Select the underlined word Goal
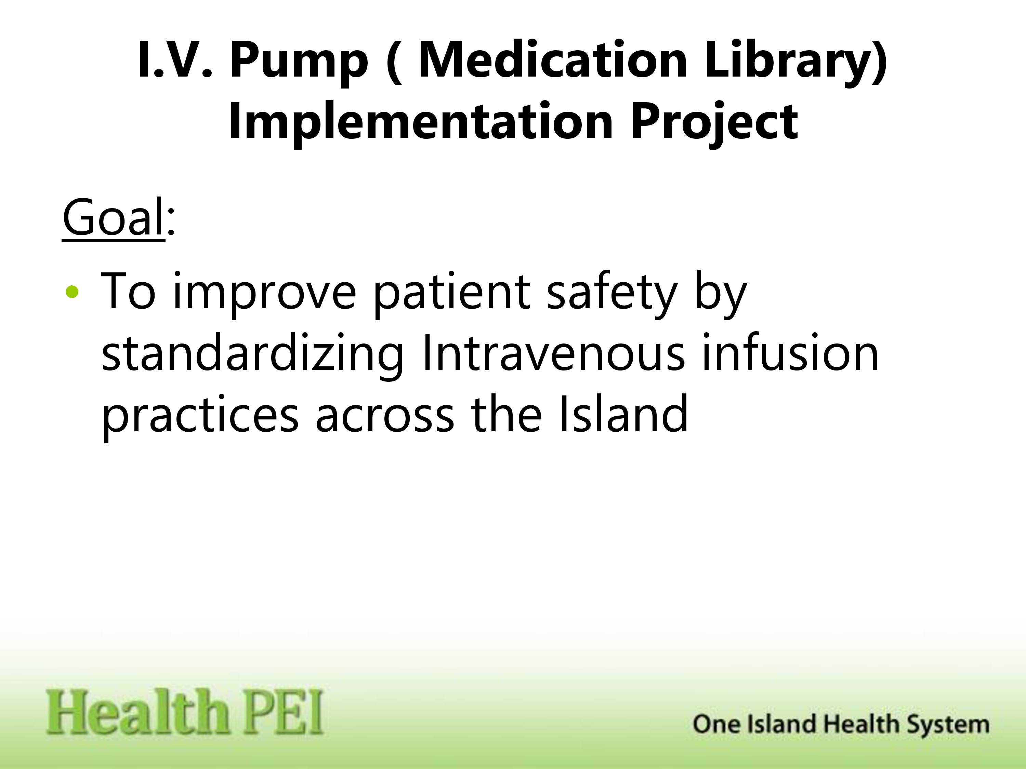click(x=113, y=217)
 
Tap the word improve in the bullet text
click(x=265, y=294)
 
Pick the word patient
click(x=451, y=294)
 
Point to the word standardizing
click(x=253, y=355)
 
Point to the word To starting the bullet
click(x=128, y=292)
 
